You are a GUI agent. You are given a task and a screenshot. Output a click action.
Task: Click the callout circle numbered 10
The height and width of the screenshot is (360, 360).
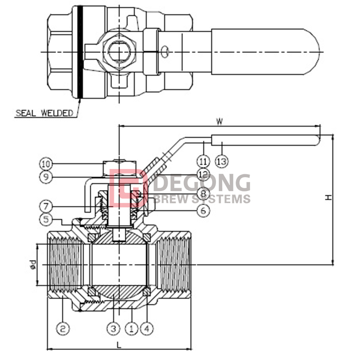(x=46, y=164)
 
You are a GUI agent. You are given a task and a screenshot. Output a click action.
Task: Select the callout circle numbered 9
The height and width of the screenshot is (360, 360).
(x=46, y=177)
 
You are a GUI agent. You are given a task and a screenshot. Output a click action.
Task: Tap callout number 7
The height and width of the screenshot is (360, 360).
(x=46, y=206)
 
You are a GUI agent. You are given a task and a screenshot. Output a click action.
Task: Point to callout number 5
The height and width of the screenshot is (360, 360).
(x=46, y=219)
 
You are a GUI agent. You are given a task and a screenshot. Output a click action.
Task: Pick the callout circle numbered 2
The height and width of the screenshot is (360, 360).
(x=63, y=329)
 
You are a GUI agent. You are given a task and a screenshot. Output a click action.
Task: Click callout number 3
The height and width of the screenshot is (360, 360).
(x=113, y=329)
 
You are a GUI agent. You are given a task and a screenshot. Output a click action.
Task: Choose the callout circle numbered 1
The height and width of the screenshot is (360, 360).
(x=132, y=329)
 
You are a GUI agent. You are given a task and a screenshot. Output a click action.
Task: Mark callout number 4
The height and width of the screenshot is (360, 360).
(x=147, y=329)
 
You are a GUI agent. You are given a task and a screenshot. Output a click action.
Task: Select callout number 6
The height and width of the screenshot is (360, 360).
(x=204, y=210)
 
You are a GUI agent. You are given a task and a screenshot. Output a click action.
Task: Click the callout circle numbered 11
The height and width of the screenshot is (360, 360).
(x=204, y=161)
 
